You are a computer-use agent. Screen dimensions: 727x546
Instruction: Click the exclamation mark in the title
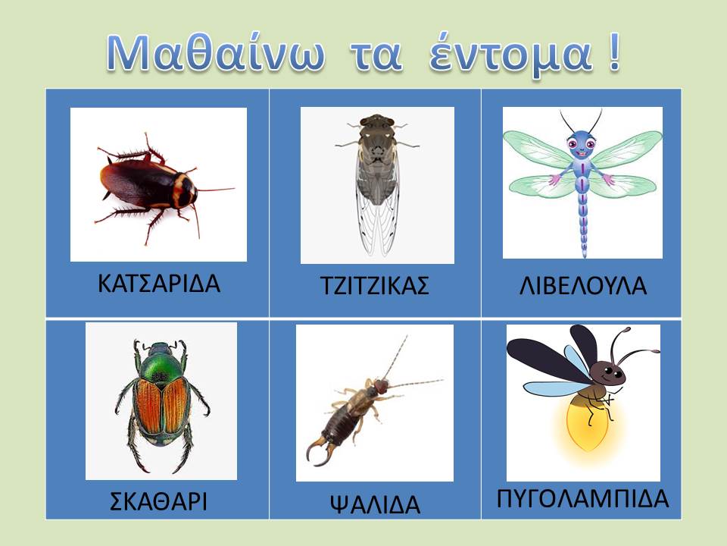(613, 53)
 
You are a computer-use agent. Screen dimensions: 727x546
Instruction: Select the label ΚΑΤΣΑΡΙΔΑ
(159, 283)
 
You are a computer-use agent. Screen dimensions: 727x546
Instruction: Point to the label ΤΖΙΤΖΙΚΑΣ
(375, 286)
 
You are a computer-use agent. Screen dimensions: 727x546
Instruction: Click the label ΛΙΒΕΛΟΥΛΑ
(583, 286)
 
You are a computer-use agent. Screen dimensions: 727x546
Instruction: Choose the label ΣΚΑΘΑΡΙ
(158, 501)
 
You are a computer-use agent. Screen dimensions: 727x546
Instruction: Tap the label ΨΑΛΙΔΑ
(375, 504)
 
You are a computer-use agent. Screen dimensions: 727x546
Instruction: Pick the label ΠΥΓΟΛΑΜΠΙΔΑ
(583, 499)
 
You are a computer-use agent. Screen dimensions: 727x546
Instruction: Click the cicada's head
(377, 121)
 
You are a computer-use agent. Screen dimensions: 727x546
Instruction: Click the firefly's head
(608, 371)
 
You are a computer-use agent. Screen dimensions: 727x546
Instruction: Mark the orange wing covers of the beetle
(161, 404)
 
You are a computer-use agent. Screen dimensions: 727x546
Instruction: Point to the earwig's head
(381, 385)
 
